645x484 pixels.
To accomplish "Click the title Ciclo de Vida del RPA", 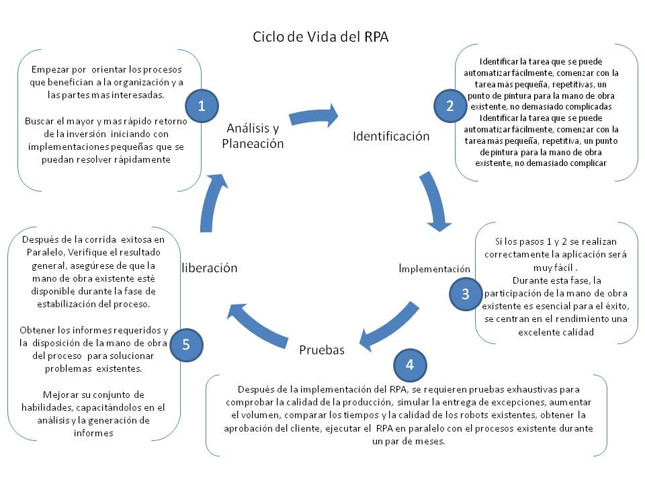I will [x=320, y=36].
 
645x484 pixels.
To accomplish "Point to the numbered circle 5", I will [x=186, y=344].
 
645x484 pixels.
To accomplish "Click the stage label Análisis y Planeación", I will [x=253, y=135].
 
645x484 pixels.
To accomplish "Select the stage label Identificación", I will [x=391, y=136].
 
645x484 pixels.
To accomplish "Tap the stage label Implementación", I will [x=434, y=268].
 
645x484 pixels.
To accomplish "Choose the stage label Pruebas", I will [x=321, y=350].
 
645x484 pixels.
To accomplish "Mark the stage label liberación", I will [x=209, y=268].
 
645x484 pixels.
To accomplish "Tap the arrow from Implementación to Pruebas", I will [x=393, y=323].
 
